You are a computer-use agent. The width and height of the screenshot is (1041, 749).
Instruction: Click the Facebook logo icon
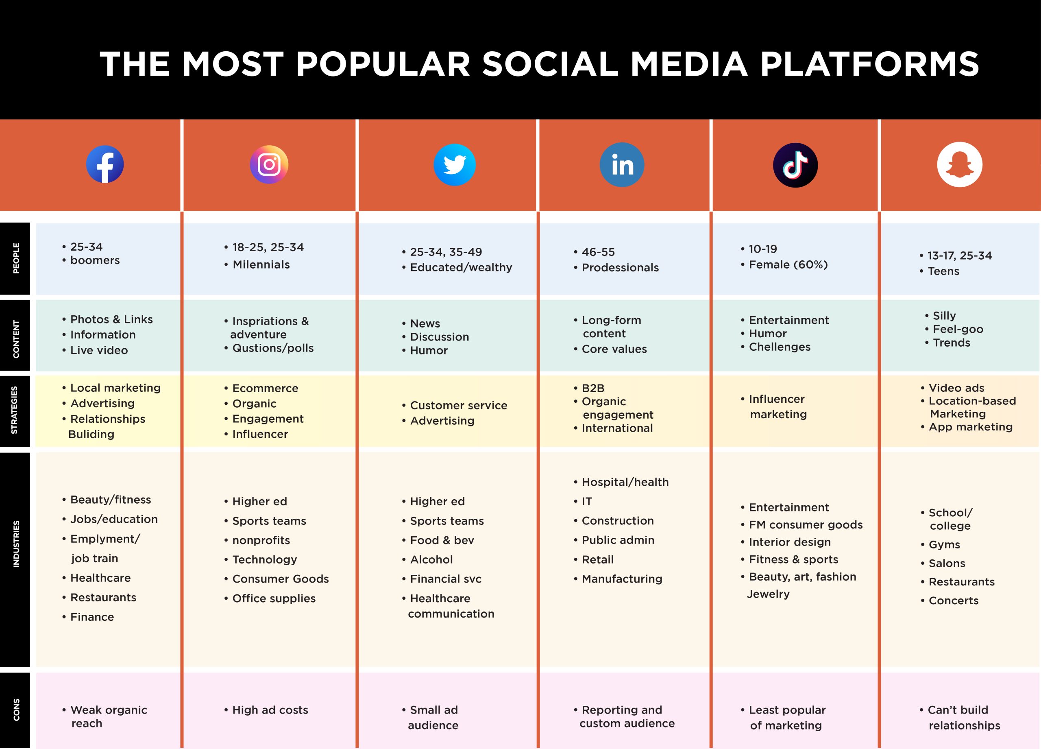[x=105, y=164]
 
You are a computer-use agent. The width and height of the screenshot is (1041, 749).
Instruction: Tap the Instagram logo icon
[x=269, y=164]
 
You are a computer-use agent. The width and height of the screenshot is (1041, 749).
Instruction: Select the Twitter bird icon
[x=454, y=164]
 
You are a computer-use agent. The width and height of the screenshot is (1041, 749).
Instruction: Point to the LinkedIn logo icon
[x=622, y=164]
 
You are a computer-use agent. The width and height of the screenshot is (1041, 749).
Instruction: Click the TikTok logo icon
[x=795, y=165]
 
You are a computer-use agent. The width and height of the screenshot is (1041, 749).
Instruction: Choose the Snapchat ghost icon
[x=960, y=164]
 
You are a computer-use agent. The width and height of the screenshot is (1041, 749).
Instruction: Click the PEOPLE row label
[x=16, y=258]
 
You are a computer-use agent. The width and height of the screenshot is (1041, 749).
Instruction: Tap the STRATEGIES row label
[x=15, y=410]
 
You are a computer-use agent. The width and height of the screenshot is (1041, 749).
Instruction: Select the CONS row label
[x=17, y=710]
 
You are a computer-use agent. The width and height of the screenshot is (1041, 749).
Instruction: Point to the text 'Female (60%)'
[x=788, y=264]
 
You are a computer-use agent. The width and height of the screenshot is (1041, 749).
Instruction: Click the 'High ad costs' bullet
[x=270, y=710]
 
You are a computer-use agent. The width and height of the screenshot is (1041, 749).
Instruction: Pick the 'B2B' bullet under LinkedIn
[x=593, y=388]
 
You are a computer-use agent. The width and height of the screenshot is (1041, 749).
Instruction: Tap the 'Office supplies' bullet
[x=274, y=598]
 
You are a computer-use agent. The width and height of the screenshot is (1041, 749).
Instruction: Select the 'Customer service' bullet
[x=459, y=405]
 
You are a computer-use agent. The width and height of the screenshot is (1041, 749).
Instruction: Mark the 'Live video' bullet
[x=99, y=350]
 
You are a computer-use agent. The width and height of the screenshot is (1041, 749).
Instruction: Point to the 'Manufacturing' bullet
[x=622, y=579]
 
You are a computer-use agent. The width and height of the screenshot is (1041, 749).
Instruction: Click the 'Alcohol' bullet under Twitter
[x=431, y=559]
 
